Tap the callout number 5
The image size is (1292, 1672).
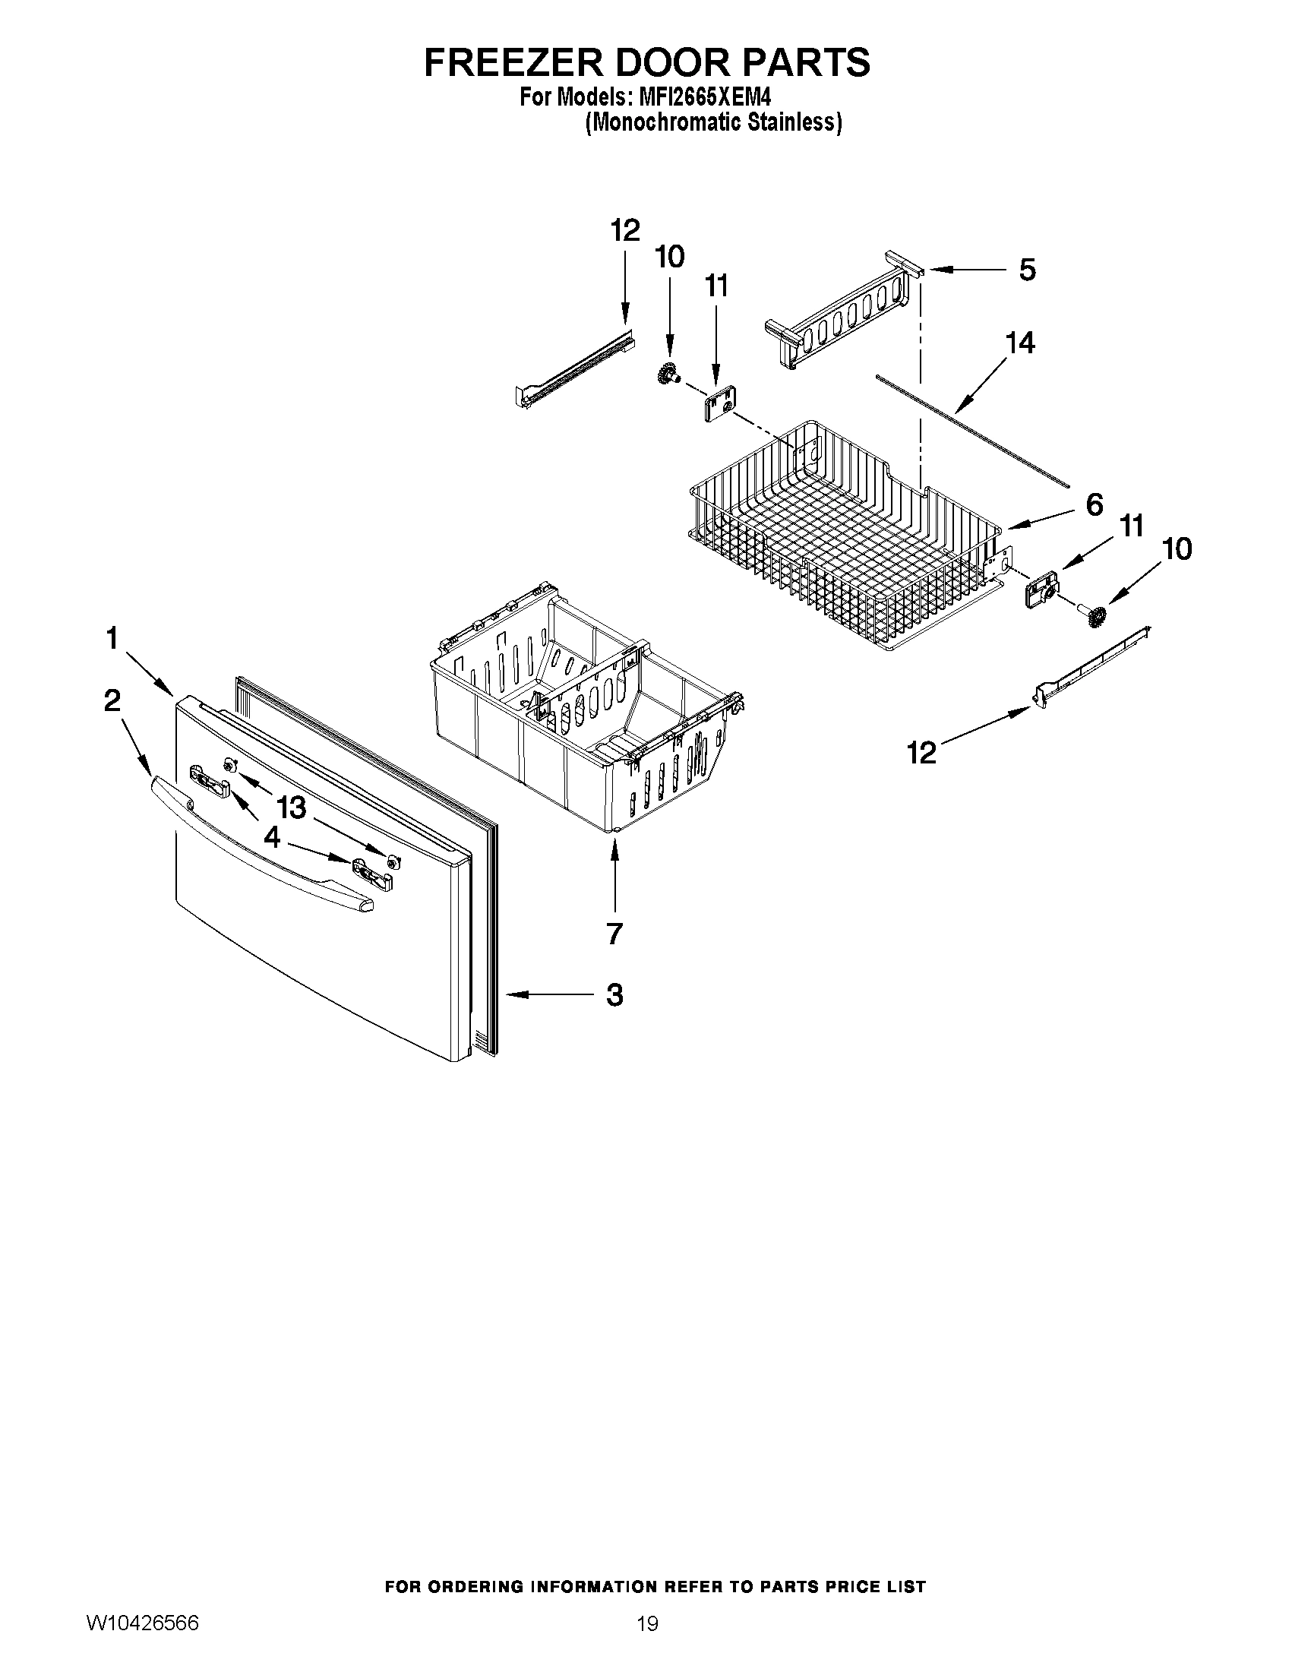[x=1026, y=270]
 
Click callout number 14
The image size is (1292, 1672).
[x=1019, y=342]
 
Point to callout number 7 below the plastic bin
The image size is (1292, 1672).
[x=614, y=933]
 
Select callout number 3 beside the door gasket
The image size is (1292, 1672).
[x=614, y=995]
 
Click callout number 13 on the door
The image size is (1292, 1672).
[x=291, y=807]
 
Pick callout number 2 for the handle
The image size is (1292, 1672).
[x=112, y=700]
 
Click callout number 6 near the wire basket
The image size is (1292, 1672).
[x=1094, y=504]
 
